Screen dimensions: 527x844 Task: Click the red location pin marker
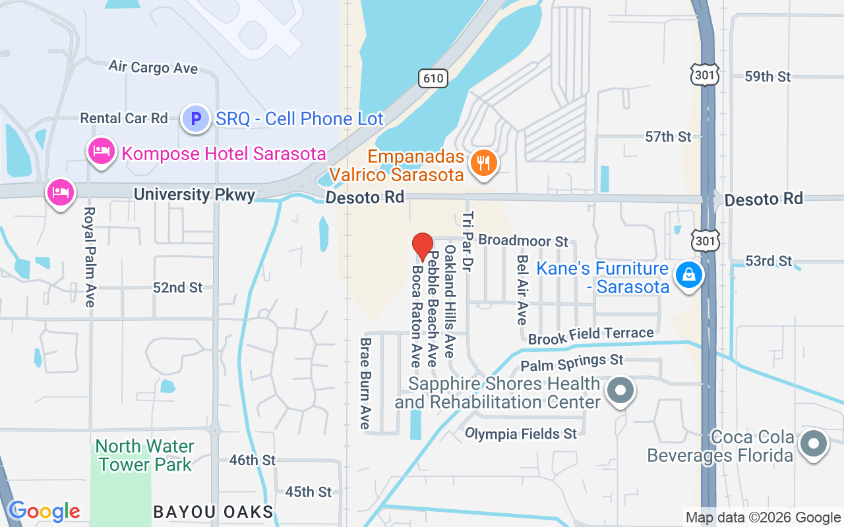pyautogui.click(x=423, y=246)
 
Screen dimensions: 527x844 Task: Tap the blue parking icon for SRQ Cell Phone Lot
pyautogui.click(x=195, y=119)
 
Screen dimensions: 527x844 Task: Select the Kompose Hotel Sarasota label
pyautogui.click(x=224, y=154)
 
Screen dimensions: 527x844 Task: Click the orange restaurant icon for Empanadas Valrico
pyautogui.click(x=485, y=163)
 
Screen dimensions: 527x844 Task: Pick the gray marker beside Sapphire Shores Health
pyautogui.click(x=620, y=391)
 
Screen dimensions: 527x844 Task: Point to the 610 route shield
pyautogui.click(x=433, y=78)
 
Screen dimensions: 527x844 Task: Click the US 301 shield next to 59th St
pyautogui.click(x=705, y=76)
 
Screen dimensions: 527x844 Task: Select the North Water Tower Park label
pyautogui.click(x=144, y=455)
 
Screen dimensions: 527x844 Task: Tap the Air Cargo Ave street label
pyautogui.click(x=153, y=67)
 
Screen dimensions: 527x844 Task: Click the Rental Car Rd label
pyautogui.click(x=124, y=119)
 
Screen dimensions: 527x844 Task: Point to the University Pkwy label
pyautogui.click(x=194, y=195)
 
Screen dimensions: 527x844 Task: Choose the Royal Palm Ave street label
pyautogui.click(x=90, y=257)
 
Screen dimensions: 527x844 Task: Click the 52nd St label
pyautogui.click(x=178, y=288)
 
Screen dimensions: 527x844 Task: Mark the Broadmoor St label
pyautogui.click(x=523, y=241)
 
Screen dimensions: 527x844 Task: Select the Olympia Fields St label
pyautogui.click(x=521, y=433)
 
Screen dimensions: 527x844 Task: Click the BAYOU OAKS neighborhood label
pyautogui.click(x=213, y=512)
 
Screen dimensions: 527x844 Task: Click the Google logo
pyautogui.click(x=44, y=511)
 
